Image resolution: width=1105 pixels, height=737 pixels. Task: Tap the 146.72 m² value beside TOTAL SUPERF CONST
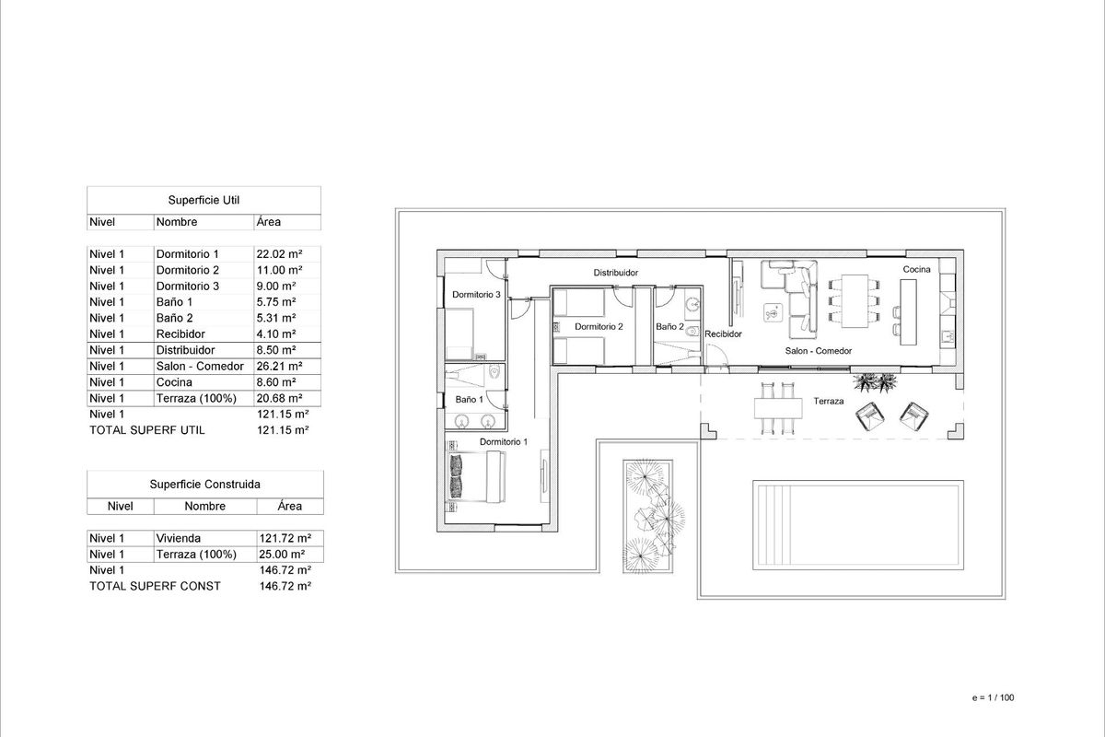click(285, 586)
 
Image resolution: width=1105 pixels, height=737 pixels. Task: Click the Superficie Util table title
click(204, 199)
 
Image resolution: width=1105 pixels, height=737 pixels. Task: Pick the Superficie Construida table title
click(204, 484)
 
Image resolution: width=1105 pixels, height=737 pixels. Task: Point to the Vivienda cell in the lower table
click(179, 538)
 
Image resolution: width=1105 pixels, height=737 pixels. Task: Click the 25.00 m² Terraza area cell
click(285, 555)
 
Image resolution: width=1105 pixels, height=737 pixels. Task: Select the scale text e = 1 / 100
click(992, 697)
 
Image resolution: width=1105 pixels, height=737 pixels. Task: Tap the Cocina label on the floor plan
click(916, 269)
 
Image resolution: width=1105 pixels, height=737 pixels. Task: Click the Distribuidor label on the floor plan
click(616, 273)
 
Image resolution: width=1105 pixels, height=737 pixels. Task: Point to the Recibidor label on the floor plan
click(723, 334)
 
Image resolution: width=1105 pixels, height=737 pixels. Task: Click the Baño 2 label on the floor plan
click(669, 326)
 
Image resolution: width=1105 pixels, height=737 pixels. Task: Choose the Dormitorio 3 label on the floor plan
click(475, 295)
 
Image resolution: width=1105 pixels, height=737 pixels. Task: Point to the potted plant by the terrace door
click(868, 380)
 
